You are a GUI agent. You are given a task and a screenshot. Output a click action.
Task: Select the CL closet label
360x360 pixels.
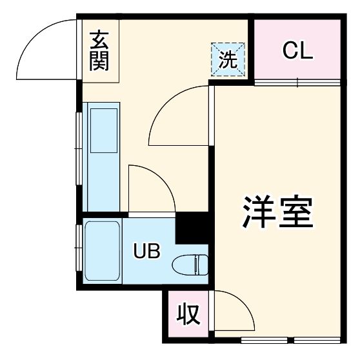click(297, 50)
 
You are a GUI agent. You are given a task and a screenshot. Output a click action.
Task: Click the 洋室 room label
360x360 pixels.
click(278, 211)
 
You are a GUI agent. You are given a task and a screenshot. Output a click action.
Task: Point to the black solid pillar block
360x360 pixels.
click(193, 228)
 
